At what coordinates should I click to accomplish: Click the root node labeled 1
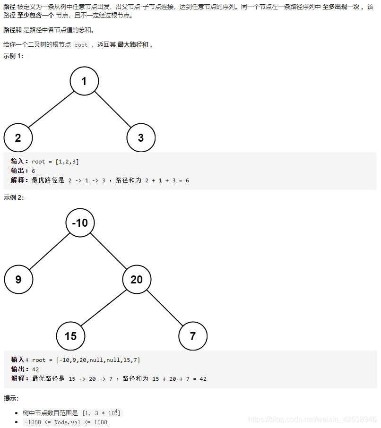(x=84, y=81)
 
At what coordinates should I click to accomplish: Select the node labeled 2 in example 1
(x=18, y=138)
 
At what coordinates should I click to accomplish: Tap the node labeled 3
(x=141, y=138)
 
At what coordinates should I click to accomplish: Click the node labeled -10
(x=80, y=223)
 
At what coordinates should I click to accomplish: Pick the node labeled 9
(x=18, y=279)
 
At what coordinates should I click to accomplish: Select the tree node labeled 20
(x=137, y=279)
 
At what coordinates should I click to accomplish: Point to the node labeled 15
(x=70, y=336)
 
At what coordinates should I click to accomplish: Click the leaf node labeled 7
(x=193, y=336)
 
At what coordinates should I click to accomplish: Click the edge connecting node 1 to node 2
(x=51, y=110)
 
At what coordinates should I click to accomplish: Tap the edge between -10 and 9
(x=49, y=251)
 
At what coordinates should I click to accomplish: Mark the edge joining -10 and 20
(x=108, y=251)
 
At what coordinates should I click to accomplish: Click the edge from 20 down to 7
(x=165, y=308)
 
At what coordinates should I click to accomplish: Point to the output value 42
(x=35, y=369)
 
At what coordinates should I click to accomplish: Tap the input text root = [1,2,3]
(x=55, y=162)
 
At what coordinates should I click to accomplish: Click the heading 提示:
(x=11, y=398)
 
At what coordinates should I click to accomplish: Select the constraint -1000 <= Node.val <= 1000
(x=66, y=422)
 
